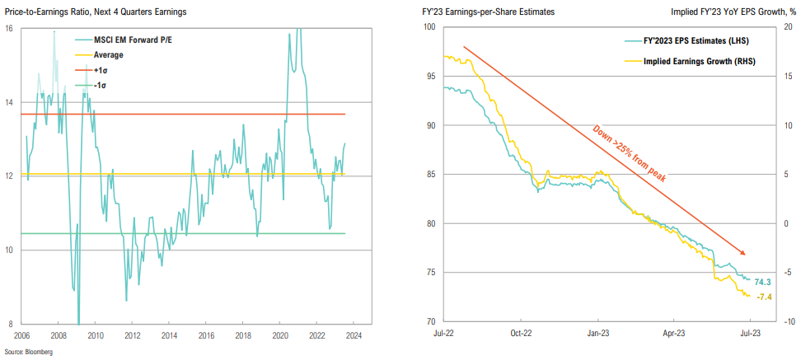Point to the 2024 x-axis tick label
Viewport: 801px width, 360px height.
[x=353, y=335]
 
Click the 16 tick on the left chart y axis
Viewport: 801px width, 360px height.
[x=8, y=28]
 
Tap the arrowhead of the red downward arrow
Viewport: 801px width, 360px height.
[x=746, y=253]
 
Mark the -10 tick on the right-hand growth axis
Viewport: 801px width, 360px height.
[x=788, y=322]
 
